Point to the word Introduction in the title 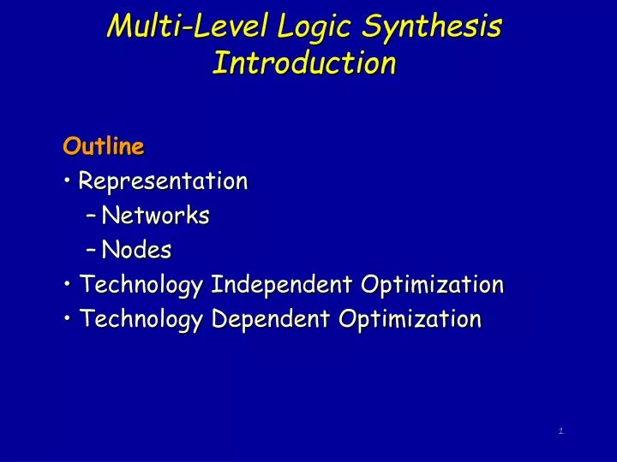point(304,62)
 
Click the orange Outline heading point(103,146)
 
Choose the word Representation point(163,181)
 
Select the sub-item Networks point(155,216)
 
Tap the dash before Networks point(91,216)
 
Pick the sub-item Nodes point(136,250)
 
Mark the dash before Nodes point(91,251)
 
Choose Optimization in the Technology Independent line point(433,284)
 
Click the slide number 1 point(560,430)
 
